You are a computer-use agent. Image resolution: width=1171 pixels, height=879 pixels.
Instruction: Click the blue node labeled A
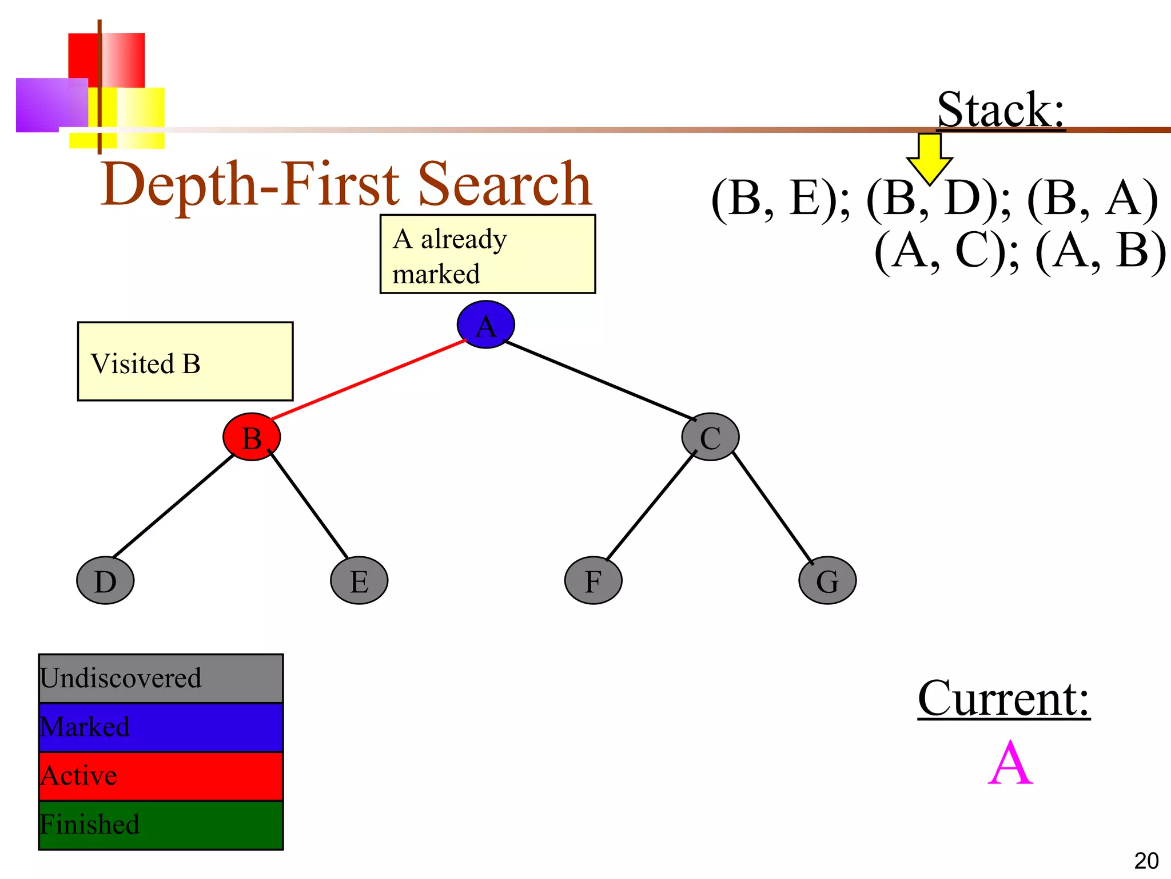[485, 324]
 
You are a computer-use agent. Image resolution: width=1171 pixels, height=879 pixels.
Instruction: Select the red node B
[252, 437]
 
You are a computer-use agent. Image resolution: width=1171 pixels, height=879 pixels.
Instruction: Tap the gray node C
[710, 437]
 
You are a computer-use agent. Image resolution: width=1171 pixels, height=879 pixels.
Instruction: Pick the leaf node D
[105, 580]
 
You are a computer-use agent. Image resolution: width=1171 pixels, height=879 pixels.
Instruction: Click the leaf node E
[359, 580]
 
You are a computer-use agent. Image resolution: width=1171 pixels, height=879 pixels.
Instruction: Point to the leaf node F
[593, 580]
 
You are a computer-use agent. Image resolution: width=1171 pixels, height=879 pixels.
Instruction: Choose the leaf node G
[827, 580]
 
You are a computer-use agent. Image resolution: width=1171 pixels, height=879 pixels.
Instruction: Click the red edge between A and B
[369, 380]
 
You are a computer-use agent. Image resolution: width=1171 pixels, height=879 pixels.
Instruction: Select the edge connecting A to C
[600, 381]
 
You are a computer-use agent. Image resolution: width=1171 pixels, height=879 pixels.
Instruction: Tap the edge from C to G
[772, 507]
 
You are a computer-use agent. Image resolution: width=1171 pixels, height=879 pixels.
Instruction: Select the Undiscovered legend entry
[161, 679]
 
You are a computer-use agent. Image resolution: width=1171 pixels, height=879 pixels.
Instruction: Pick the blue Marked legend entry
[161, 727]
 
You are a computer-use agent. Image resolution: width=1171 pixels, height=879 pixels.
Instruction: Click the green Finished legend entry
[161, 825]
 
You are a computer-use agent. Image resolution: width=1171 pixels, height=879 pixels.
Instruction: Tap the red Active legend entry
[161, 776]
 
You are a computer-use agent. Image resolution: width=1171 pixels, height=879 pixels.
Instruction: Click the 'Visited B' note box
[185, 361]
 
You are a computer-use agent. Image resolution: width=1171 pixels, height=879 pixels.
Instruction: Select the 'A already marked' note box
[487, 254]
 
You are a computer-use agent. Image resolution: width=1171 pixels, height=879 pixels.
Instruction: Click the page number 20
[1146, 861]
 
